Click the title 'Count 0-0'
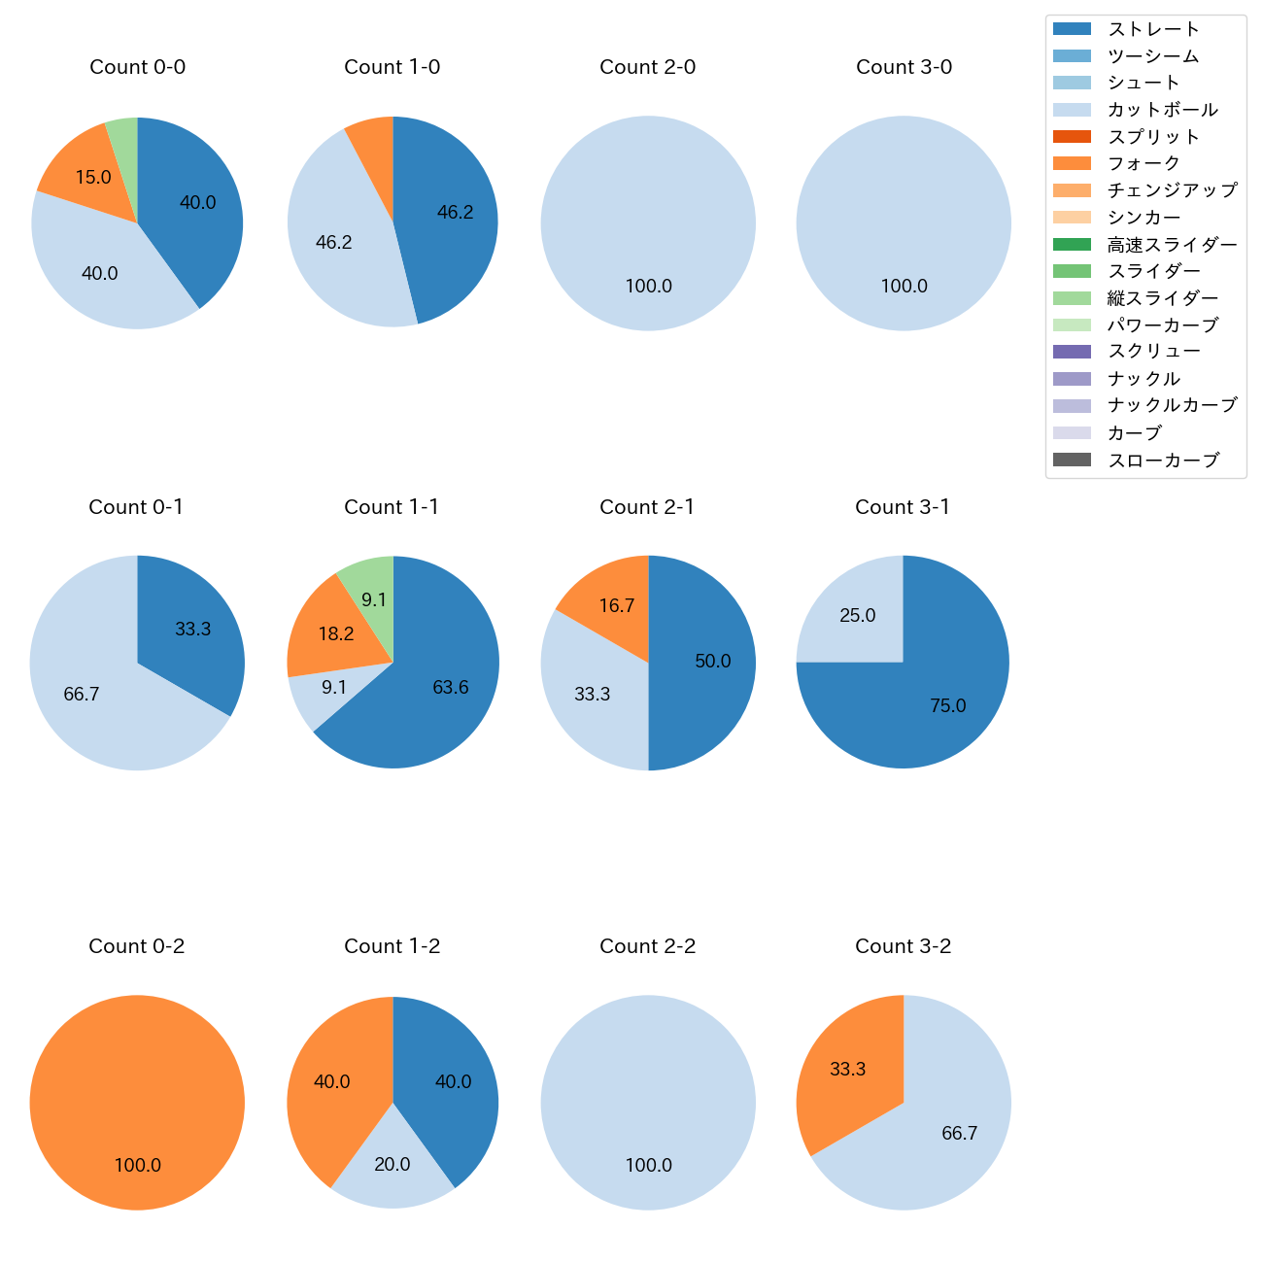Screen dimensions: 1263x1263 (x=137, y=67)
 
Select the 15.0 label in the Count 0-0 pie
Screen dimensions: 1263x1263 (x=93, y=178)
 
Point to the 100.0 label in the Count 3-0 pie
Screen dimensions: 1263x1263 (x=904, y=287)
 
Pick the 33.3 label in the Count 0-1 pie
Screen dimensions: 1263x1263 (x=192, y=630)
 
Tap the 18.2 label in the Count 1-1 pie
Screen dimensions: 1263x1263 (x=336, y=634)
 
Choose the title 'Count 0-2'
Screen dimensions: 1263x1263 (x=136, y=946)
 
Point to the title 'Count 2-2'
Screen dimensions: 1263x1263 (x=647, y=946)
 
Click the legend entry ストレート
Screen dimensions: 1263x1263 (x=1154, y=29)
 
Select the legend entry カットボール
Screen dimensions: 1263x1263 (x=1162, y=110)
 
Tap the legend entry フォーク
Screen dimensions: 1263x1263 (x=1144, y=163)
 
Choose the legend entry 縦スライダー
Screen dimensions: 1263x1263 (x=1162, y=298)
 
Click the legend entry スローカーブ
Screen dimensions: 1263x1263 (x=1163, y=461)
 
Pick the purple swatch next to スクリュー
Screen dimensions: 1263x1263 (x=1072, y=352)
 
